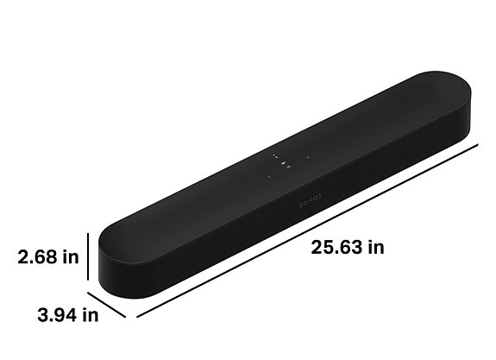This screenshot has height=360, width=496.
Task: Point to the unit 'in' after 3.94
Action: [x=90, y=315]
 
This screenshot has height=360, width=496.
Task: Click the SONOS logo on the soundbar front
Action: [x=311, y=198]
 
